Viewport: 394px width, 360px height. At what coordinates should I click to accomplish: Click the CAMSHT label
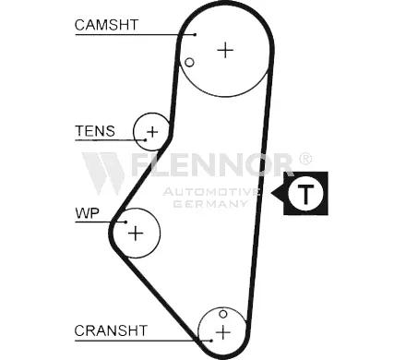pyautogui.click(x=106, y=25)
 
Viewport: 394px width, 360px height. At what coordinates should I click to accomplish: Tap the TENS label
pyautogui.click(x=95, y=131)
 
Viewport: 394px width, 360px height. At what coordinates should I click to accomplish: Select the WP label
pyautogui.click(x=88, y=213)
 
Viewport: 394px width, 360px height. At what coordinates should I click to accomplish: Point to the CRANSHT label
pyautogui.click(x=111, y=330)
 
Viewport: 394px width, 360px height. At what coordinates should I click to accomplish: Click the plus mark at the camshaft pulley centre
pyautogui.click(x=225, y=50)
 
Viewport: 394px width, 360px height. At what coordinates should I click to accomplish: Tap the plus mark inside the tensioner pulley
pyautogui.click(x=152, y=132)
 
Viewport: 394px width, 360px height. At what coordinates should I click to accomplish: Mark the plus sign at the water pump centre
pyautogui.click(x=136, y=234)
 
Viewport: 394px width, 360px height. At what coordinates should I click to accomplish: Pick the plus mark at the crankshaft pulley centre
pyautogui.click(x=223, y=332)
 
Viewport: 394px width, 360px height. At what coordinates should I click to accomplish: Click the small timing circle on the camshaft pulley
pyautogui.click(x=189, y=63)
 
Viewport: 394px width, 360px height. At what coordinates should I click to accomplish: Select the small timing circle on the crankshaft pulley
pyautogui.click(x=223, y=314)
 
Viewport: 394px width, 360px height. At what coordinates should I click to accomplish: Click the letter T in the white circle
pyautogui.click(x=305, y=195)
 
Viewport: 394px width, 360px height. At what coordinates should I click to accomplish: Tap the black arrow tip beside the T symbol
pyautogui.click(x=271, y=193)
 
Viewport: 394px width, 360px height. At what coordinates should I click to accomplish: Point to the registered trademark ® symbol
pyautogui.click(x=305, y=159)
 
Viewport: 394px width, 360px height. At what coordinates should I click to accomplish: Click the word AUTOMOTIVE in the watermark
pyautogui.click(x=211, y=192)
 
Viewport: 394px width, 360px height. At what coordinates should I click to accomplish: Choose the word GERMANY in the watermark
pyautogui.click(x=210, y=204)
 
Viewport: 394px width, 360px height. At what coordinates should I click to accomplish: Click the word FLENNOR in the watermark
pyautogui.click(x=212, y=164)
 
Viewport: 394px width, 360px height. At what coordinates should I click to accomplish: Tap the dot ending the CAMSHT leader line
pyautogui.click(x=195, y=34)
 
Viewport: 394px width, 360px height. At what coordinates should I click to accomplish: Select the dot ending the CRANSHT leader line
pyautogui.click(x=211, y=341)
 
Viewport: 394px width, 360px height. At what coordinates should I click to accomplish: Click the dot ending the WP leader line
pyautogui.click(x=125, y=222)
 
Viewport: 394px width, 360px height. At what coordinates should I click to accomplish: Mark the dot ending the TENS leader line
pyautogui.click(x=145, y=140)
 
